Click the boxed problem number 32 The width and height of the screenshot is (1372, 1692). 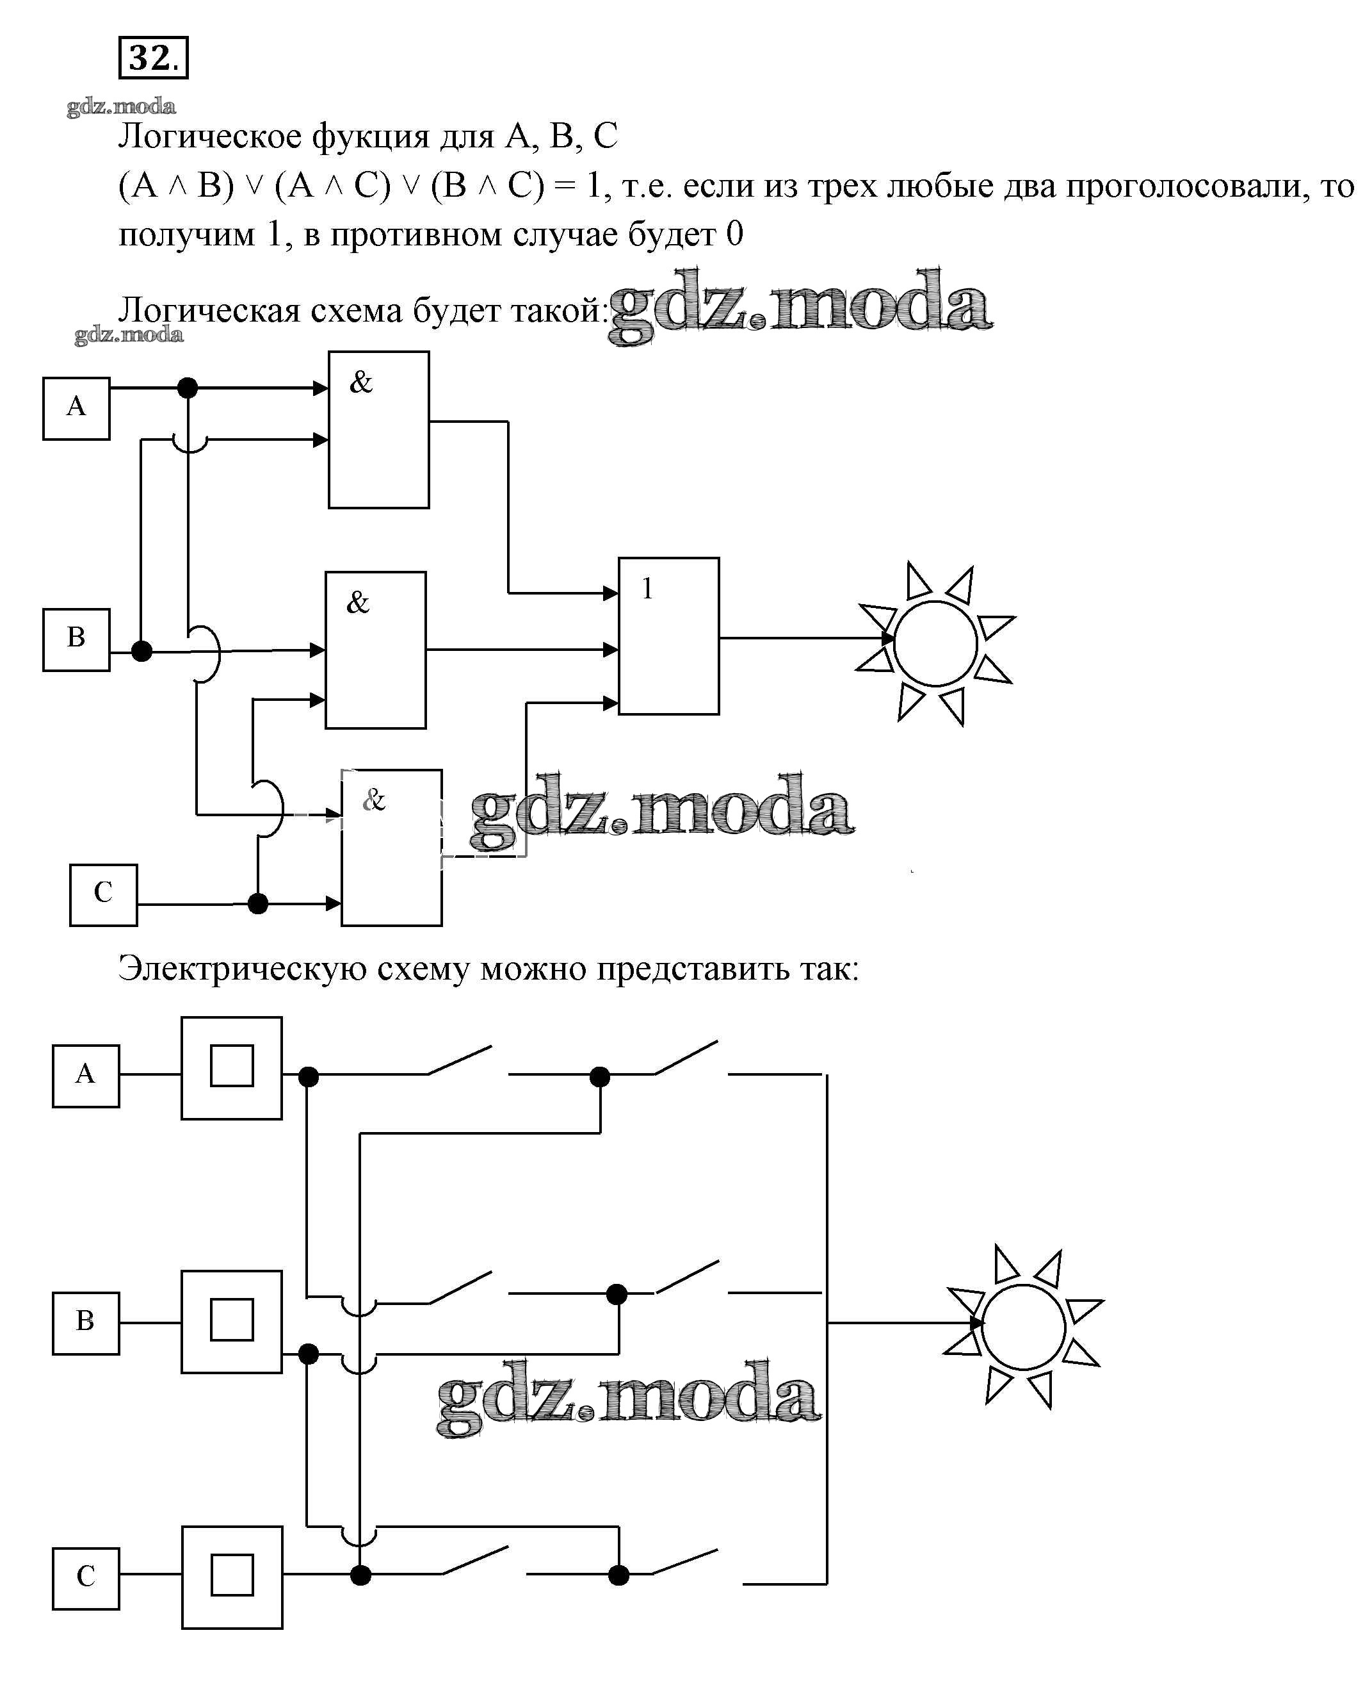(x=152, y=58)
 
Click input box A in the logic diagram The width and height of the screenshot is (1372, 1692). (x=76, y=408)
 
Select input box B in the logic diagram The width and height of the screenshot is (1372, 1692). (x=76, y=639)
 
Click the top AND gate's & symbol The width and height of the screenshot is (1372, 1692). (x=361, y=382)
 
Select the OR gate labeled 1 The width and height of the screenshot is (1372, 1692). (x=668, y=636)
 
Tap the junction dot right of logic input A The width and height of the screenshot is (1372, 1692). (x=188, y=388)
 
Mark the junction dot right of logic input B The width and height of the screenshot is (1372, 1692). (x=141, y=652)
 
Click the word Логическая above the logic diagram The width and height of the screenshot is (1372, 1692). (x=209, y=311)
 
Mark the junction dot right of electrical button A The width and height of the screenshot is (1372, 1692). (x=308, y=1076)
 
